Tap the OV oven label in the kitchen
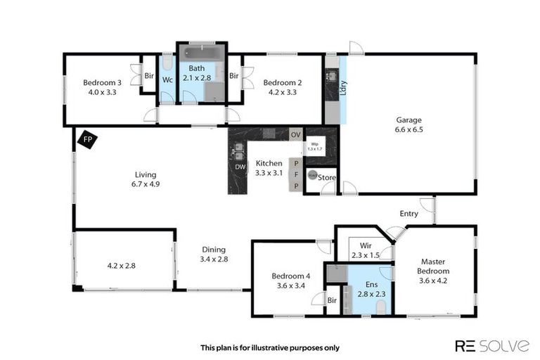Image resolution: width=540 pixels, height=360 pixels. (x=296, y=134)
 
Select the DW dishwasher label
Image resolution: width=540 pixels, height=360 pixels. (x=240, y=167)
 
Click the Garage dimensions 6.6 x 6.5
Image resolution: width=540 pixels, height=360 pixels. (x=409, y=129)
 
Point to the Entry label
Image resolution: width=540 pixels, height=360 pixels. (x=409, y=213)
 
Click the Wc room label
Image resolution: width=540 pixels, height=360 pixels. (x=167, y=80)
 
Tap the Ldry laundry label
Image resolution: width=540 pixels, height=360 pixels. (x=343, y=87)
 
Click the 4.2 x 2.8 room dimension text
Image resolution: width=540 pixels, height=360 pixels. (x=121, y=266)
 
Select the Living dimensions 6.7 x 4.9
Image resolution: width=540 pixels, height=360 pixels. (x=146, y=184)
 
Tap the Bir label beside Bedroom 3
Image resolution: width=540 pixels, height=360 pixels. (x=149, y=75)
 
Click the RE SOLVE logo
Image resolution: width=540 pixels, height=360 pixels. (x=491, y=345)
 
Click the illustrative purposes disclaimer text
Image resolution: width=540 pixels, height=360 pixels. (x=270, y=347)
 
